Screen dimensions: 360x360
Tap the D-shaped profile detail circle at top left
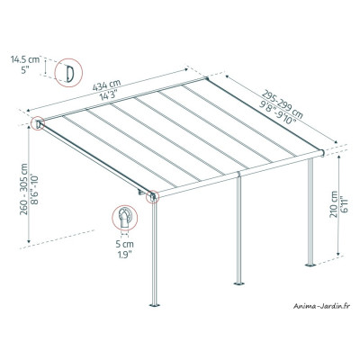point(67,71)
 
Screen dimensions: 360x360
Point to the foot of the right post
point(310,264)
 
